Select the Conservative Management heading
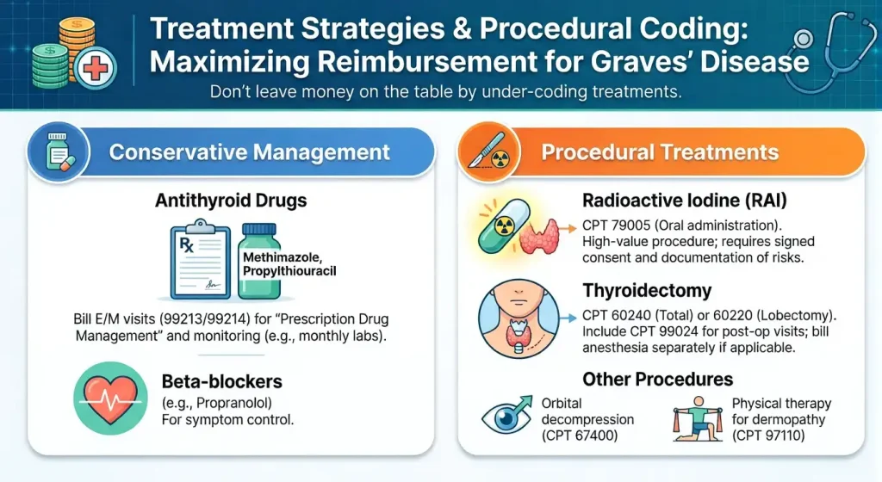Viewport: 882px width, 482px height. pos(249,153)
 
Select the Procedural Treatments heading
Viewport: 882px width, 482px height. pos(660,153)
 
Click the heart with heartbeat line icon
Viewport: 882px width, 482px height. pos(110,398)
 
